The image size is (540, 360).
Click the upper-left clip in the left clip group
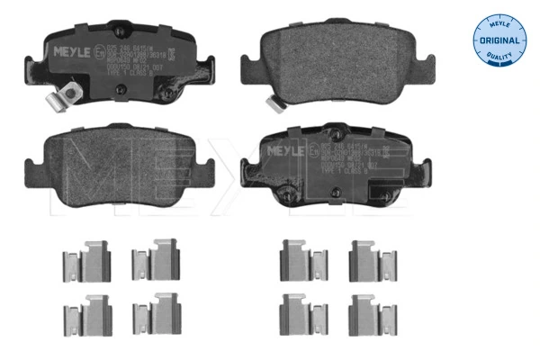point(83,260)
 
